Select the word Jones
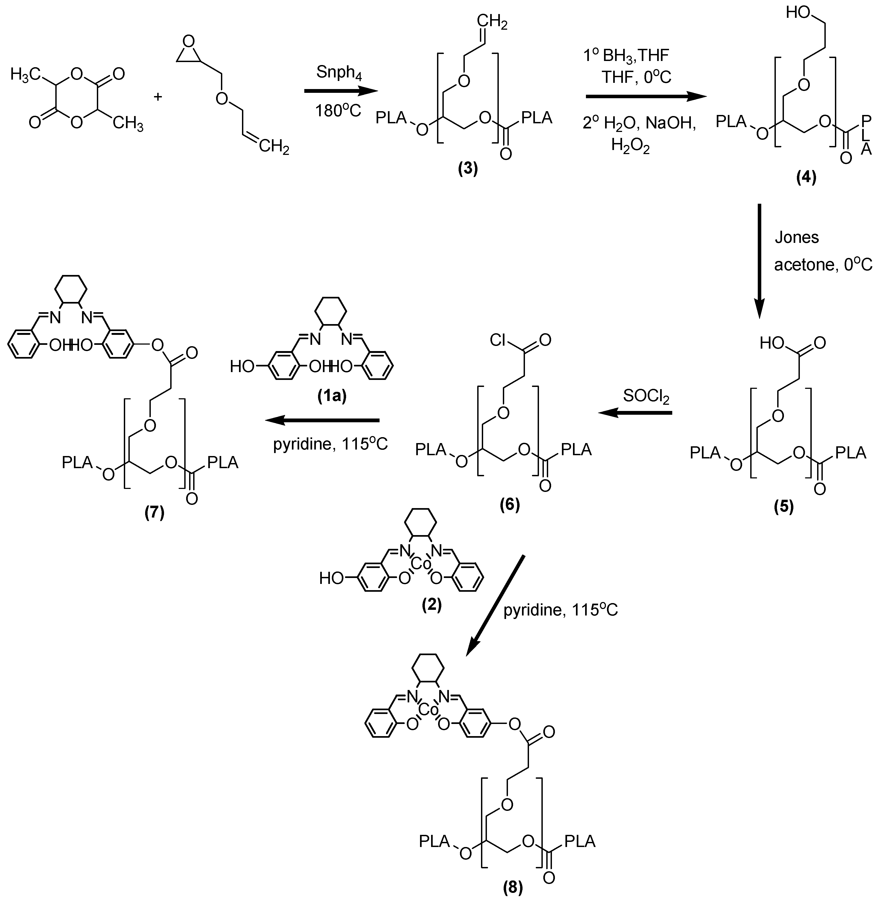[796, 237]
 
